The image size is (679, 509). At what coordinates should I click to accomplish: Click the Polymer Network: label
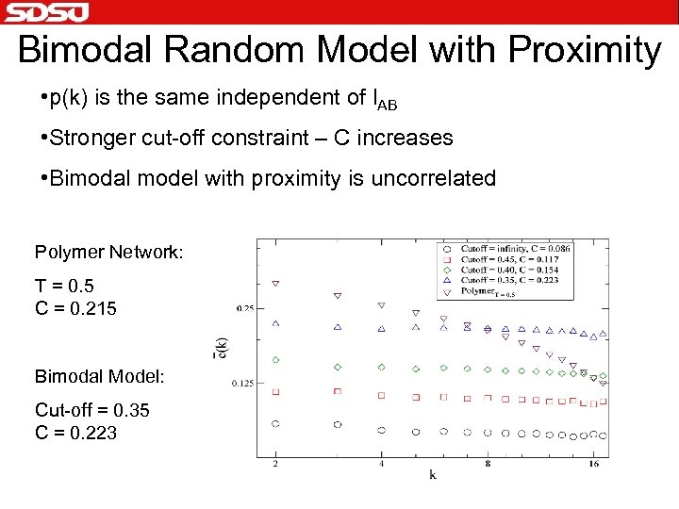click(x=108, y=252)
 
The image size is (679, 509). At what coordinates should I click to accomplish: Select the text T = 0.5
click(x=64, y=286)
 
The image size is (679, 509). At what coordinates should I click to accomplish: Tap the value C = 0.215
click(x=75, y=307)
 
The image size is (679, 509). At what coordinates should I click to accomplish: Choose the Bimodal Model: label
click(x=100, y=376)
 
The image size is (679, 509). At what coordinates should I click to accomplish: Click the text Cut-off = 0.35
click(x=92, y=410)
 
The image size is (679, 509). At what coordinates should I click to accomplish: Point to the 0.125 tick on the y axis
click(x=243, y=383)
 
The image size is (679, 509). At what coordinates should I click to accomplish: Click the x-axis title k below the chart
click(x=433, y=475)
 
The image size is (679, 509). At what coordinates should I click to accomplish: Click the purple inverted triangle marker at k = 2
click(x=275, y=282)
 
